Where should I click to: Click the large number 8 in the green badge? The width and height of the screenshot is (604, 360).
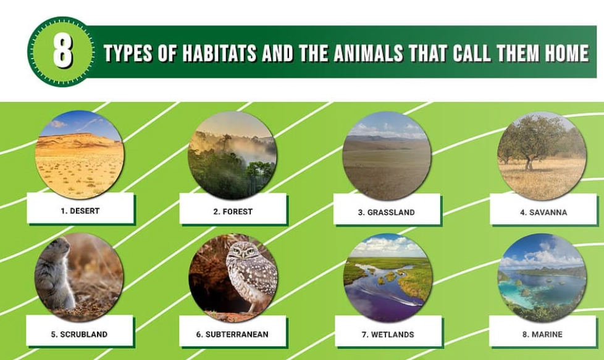tap(62, 52)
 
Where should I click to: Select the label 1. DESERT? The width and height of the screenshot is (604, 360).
tap(80, 211)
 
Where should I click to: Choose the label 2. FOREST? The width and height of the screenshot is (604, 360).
tap(233, 211)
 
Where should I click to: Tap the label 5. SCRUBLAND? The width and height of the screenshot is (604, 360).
tap(79, 334)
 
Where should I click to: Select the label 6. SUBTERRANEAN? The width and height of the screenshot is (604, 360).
tap(232, 334)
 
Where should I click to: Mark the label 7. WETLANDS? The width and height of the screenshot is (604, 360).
tap(388, 334)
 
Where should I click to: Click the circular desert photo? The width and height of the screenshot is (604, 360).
tap(79, 154)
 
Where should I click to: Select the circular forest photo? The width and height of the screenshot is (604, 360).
tap(233, 154)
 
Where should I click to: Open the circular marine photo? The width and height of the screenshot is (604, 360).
tap(542, 277)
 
